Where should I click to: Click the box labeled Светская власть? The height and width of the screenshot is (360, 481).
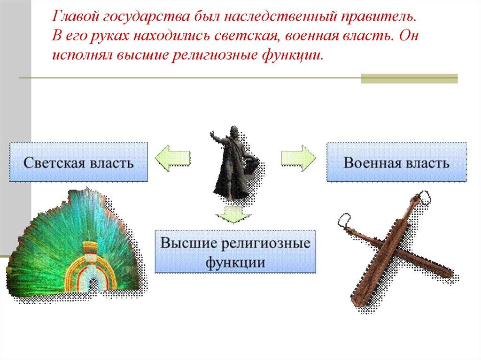79,162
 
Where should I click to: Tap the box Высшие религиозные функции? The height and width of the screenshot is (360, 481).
235,251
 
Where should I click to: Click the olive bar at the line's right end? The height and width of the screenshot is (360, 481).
409,78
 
